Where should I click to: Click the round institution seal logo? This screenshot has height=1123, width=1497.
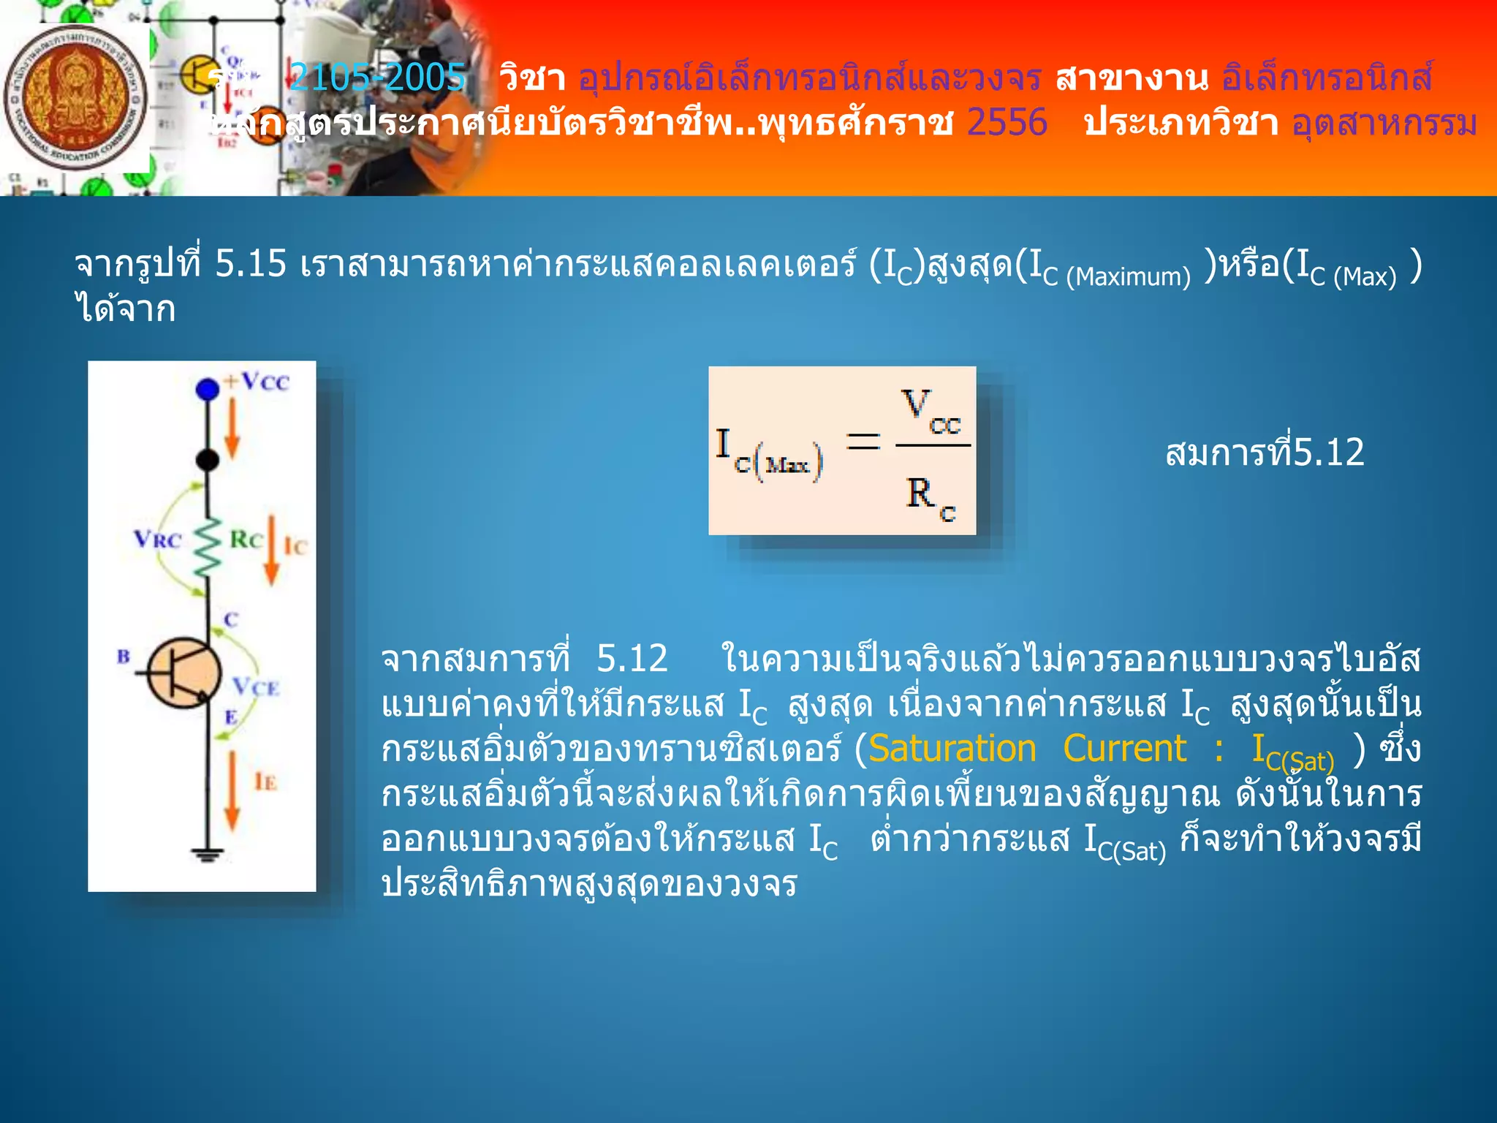pos(75,97)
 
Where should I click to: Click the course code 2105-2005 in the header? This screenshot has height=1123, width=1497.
pos(377,77)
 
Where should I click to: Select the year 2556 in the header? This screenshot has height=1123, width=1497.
pos(1007,122)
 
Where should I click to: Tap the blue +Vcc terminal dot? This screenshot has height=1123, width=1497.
pos(208,389)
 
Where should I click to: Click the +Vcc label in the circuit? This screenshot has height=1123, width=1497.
pos(257,382)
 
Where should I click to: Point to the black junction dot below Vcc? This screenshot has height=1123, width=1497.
pos(208,460)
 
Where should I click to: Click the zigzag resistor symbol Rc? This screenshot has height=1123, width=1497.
pos(208,548)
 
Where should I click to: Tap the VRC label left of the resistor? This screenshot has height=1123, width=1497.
pos(157,540)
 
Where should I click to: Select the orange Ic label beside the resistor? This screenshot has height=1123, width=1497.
pos(295,546)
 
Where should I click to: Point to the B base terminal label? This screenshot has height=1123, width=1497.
pos(124,656)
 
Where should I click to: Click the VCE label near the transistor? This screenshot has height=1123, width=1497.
pos(256,687)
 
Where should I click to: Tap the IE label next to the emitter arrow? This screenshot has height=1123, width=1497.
pos(265,782)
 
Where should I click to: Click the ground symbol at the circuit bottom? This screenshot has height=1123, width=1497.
pos(208,854)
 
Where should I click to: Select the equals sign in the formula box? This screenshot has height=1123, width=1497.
pos(863,442)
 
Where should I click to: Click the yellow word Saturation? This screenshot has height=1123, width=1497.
pos(952,749)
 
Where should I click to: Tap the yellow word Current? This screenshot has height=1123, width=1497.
pos(1124,749)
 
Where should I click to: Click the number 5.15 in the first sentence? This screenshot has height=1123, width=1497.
pos(250,263)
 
